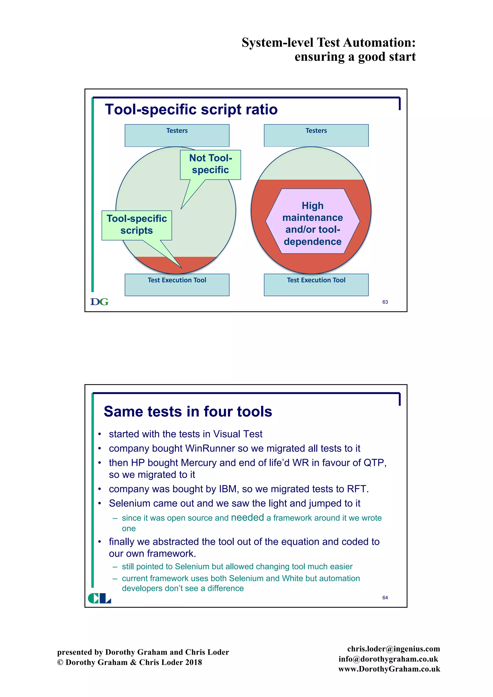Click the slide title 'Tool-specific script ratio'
click(x=191, y=109)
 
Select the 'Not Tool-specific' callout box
click(x=210, y=164)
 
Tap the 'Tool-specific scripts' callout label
click(x=136, y=225)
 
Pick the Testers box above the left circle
click(x=177, y=136)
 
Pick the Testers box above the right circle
click(x=316, y=136)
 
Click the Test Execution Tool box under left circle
click(x=177, y=285)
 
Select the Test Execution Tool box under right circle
click(x=316, y=285)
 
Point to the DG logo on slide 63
click(x=99, y=302)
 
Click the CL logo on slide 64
click(x=99, y=598)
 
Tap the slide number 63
click(x=385, y=302)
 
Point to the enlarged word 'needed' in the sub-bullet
click(x=247, y=517)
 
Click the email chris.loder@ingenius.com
click(x=393, y=649)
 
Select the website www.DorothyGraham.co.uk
click(x=389, y=669)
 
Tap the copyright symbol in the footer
click(x=60, y=662)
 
